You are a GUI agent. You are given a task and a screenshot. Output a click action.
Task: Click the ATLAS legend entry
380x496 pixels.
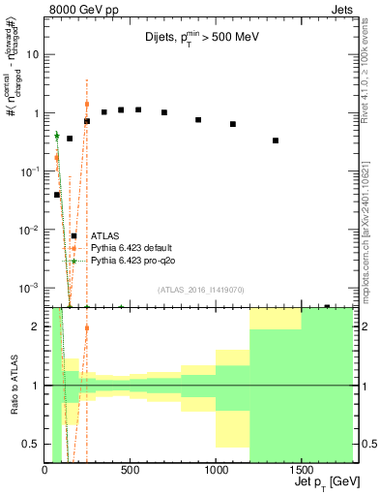click(x=104, y=235)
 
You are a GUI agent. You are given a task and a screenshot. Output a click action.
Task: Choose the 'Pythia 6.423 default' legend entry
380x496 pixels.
click(x=132, y=248)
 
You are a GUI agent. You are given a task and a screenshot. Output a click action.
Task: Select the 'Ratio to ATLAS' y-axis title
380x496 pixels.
click(x=15, y=385)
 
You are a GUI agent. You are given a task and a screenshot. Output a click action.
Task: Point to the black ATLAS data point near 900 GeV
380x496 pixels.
click(x=198, y=119)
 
